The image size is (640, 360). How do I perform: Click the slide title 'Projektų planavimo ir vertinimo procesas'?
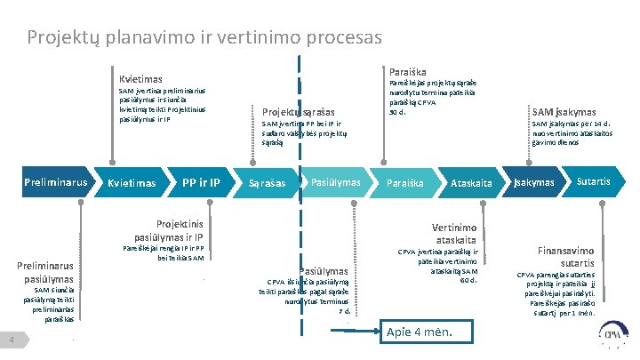point(204,38)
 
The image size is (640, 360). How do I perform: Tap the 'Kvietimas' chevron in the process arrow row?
point(132,183)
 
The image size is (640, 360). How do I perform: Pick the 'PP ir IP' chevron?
point(199,183)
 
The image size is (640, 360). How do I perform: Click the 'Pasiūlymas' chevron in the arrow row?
point(334,182)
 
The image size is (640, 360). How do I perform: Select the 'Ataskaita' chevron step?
point(471,183)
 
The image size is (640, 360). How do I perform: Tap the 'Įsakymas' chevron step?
point(533,183)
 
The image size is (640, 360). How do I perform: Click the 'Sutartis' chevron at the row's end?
point(592,182)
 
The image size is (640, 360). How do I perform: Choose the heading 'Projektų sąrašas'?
point(299,112)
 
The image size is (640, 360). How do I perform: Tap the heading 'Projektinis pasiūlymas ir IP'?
point(169,231)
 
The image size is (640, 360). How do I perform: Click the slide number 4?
point(8,341)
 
